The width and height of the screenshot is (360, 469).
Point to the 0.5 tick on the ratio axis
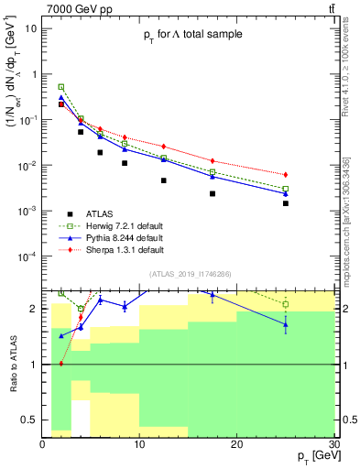point(31,420)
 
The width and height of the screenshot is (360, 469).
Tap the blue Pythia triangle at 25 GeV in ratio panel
point(286,324)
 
